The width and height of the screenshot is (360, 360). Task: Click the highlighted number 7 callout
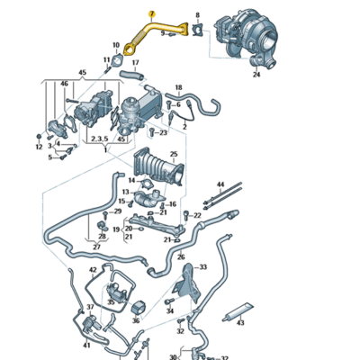click(151, 14)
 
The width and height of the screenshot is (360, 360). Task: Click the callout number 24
click(256, 75)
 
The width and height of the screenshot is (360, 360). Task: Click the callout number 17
click(135, 63)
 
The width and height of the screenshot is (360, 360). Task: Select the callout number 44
click(220, 184)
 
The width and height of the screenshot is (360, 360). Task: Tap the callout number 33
click(202, 267)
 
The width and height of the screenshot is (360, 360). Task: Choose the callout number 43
click(239, 324)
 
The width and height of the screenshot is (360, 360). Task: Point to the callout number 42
click(93, 269)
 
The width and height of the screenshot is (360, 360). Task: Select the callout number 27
click(96, 246)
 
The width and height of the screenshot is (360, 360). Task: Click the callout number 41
click(86, 345)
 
